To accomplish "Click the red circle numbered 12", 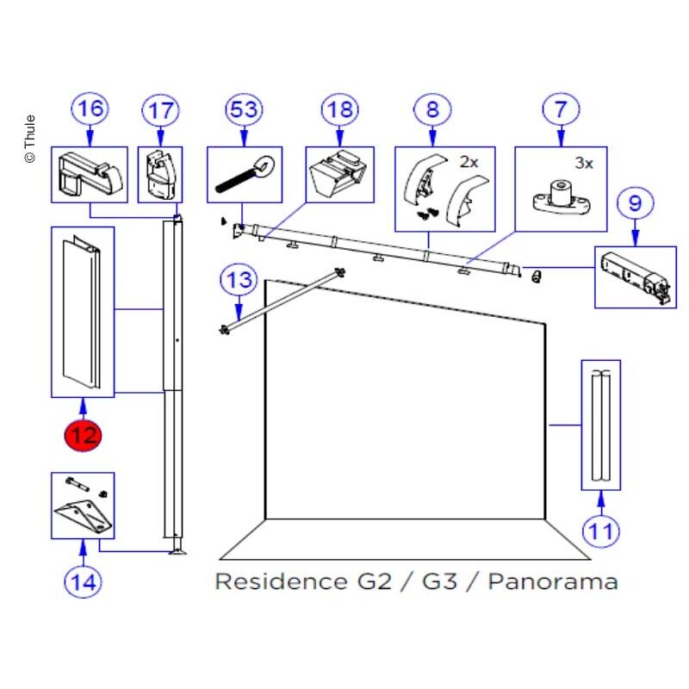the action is pos(83,436).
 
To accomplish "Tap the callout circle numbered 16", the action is pos(90,109).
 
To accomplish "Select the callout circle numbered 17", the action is pos(160,110).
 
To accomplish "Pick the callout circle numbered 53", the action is pos(244,109).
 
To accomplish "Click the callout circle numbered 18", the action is pos(339,109).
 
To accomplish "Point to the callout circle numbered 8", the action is pos(432,109).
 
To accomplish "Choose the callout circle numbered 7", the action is pos(561,109).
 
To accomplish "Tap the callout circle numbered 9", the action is pos(636,203).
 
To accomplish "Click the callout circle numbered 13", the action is pos(239,279).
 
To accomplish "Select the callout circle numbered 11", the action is pos(600,531).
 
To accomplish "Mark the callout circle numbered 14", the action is pos(83,582).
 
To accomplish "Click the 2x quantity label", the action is pos(469,163).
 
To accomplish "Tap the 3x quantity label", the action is pos(584,164).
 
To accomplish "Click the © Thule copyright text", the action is pos(29,139).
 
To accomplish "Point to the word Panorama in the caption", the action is pos(553,581).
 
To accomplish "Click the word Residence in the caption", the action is pos(282,581).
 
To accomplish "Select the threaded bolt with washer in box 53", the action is pos(245,176).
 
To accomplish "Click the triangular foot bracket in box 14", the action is pos(84,516).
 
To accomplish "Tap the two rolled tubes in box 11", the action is pos(600,425).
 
